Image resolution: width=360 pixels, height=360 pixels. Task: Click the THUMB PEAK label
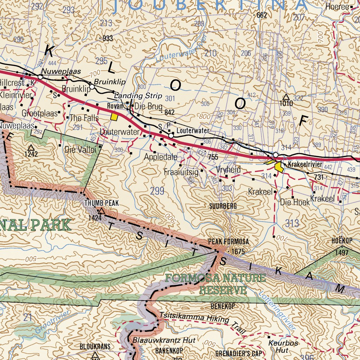pyautogui.click(x=101, y=203)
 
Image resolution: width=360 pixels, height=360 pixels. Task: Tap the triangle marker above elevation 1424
pyautogui.click(x=101, y=211)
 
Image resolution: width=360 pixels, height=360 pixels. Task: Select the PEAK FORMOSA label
pyautogui.click(x=228, y=242)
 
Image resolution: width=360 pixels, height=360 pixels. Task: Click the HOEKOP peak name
pyautogui.click(x=342, y=241)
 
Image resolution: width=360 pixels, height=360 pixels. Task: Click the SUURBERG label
pyautogui.click(x=223, y=206)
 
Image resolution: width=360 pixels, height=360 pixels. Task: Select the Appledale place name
pyautogui.click(x=161, y=157)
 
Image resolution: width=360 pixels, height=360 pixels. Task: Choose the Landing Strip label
pyautogui.click(x=138, y=96)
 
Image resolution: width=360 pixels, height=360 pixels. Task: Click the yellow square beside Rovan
pyautogui.click(x=114, y=117)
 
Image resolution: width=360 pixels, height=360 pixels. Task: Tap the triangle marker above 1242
pyautogui.click(x=31, y=148)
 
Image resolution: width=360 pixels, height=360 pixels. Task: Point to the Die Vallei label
pyautogui.click(x=80, y=150)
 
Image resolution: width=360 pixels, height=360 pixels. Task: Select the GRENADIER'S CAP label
pyautogui.click(x=239, y=353)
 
